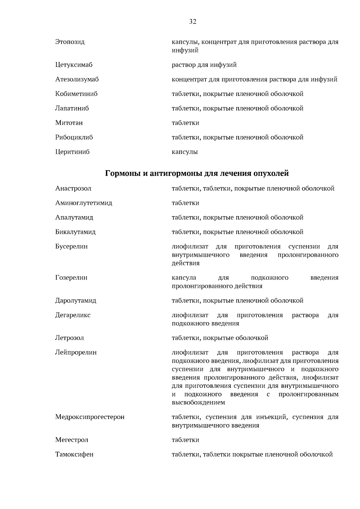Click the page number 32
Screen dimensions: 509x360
tap(193, 22)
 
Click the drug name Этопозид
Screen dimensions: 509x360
tap(70, 42)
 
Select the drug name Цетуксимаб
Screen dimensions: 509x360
tap(74, 65)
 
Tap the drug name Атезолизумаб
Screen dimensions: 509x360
tap(77, 79)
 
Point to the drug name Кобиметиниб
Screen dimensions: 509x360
tap(76, 94)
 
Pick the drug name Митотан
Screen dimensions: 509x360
tap(69, 123)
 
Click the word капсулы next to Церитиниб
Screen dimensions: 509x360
tap(184, 152)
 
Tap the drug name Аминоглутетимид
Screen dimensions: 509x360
tap(83, 203)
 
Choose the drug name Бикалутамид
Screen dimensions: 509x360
tap(75, 232)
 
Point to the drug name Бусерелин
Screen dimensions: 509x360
tap(71, 247)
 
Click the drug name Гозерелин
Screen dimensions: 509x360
tap(71, 278)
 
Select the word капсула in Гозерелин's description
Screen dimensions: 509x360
tap(184, 278)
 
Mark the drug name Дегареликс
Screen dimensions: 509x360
tap(73, 315)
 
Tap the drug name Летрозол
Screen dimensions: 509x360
tap(69, 338)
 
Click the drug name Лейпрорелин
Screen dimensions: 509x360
tap(76, 352)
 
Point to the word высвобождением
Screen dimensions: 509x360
tap(198, 403)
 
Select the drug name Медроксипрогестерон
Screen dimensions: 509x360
tap(90, 417)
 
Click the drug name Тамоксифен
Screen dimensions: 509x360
tap(74, 454)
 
